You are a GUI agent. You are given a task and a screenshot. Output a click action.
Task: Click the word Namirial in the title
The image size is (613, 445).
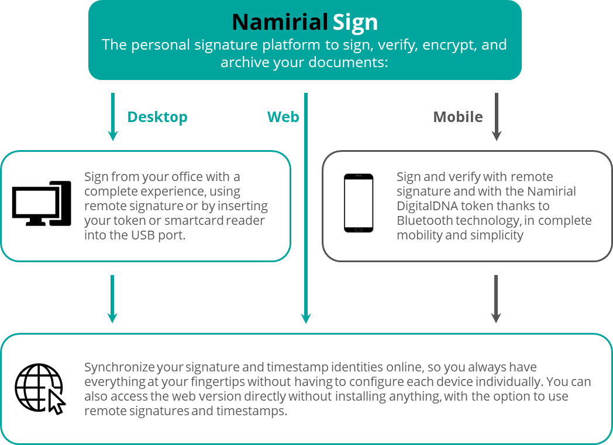279,22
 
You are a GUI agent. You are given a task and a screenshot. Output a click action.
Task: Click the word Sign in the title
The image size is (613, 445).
355,22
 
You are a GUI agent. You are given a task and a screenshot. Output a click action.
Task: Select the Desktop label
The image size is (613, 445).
157,117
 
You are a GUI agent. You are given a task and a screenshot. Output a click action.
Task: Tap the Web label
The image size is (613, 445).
283,117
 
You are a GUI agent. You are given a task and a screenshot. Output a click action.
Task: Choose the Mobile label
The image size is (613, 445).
458,117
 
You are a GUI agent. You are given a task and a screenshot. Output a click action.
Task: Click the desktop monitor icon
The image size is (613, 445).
41,203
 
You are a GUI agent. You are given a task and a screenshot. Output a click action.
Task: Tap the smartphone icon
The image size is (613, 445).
359,204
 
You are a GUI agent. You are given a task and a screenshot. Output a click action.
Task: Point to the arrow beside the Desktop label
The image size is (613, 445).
113,117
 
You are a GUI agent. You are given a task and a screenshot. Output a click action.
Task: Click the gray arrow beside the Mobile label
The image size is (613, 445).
497,117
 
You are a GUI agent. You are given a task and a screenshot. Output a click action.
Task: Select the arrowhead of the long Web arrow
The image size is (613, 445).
305,318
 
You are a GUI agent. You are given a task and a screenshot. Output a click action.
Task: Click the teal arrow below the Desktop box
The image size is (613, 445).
112,299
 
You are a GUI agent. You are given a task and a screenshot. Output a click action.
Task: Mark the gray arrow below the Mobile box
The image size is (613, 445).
496,299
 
